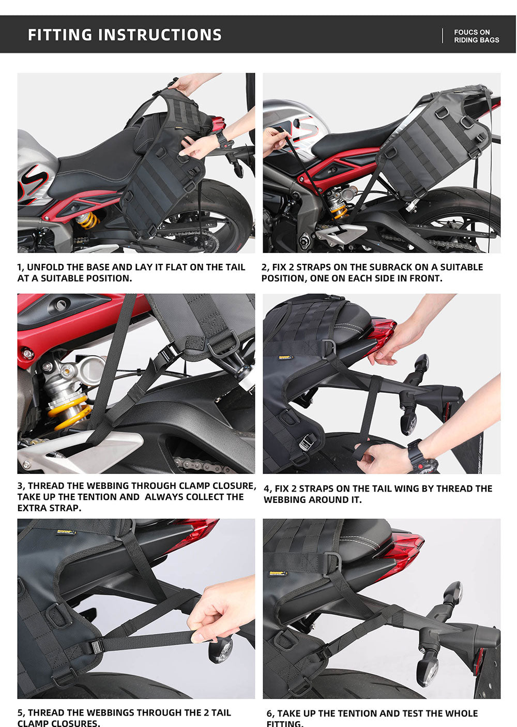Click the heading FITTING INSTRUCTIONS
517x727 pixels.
[x=125, y=35]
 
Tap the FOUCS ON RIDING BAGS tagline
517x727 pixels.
[x=476, y=36]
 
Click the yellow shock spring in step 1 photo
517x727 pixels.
[x=87, y=220]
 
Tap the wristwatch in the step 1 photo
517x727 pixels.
[x=223, y=139]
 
